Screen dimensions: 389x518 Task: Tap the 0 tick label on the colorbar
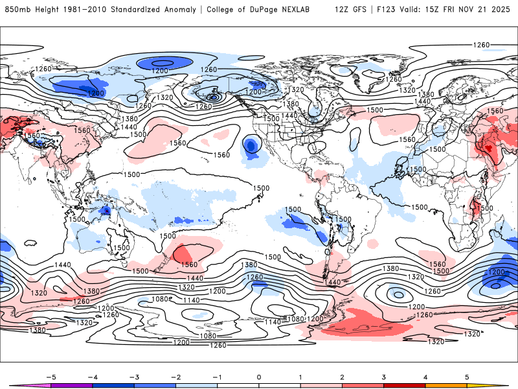pos(259,376)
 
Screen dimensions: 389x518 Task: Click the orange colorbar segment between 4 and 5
pos(446,386)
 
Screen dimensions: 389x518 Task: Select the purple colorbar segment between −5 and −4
pos(71,386)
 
